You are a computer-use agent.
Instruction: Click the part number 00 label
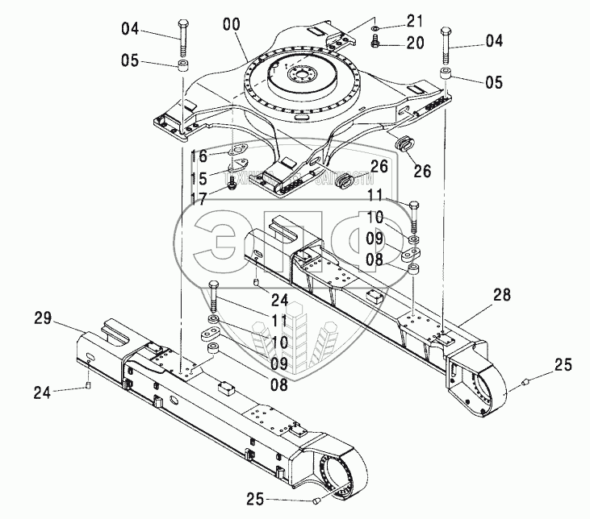pyautogui.click(x=232, y=26)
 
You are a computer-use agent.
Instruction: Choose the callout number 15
pyautogui.click(x=199, y=177)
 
